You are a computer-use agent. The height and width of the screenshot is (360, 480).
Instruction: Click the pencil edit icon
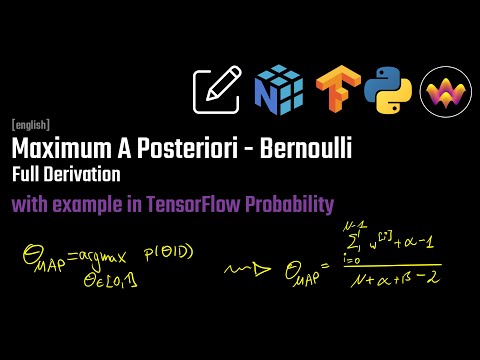220,91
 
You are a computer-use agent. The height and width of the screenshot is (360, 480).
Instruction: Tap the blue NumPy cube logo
278,91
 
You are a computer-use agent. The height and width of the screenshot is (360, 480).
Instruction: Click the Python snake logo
385,91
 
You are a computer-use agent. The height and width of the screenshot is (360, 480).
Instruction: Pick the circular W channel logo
441,91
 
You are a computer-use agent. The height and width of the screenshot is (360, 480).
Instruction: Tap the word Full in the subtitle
27,175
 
